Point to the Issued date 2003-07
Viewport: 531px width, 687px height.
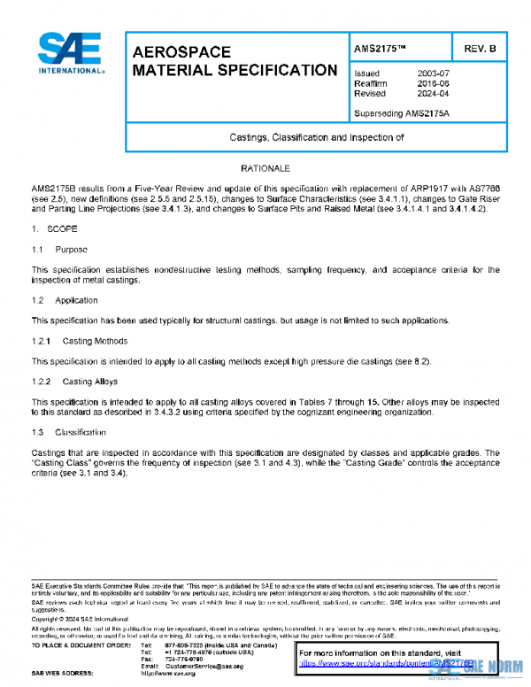point(434,73)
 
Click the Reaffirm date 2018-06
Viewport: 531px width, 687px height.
point(434,83)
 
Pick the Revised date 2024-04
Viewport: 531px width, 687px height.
point(434,93)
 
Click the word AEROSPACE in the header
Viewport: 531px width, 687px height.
point(181,52)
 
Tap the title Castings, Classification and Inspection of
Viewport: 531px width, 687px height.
point(312,137)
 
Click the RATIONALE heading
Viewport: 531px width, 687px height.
point(265,167)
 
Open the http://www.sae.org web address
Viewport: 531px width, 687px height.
point(178,674)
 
